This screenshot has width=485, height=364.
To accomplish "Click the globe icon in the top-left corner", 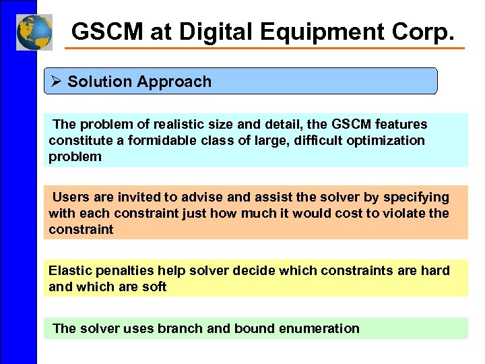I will click(34, 32).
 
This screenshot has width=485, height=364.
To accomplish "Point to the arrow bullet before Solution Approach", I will click(57, 82).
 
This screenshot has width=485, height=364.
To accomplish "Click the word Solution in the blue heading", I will click(100, 82).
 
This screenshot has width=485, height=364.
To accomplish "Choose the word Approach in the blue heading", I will click(174, 82).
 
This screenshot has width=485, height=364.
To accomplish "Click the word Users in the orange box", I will click(69, 197).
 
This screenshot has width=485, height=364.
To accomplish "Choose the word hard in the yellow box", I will click(436, 270).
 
